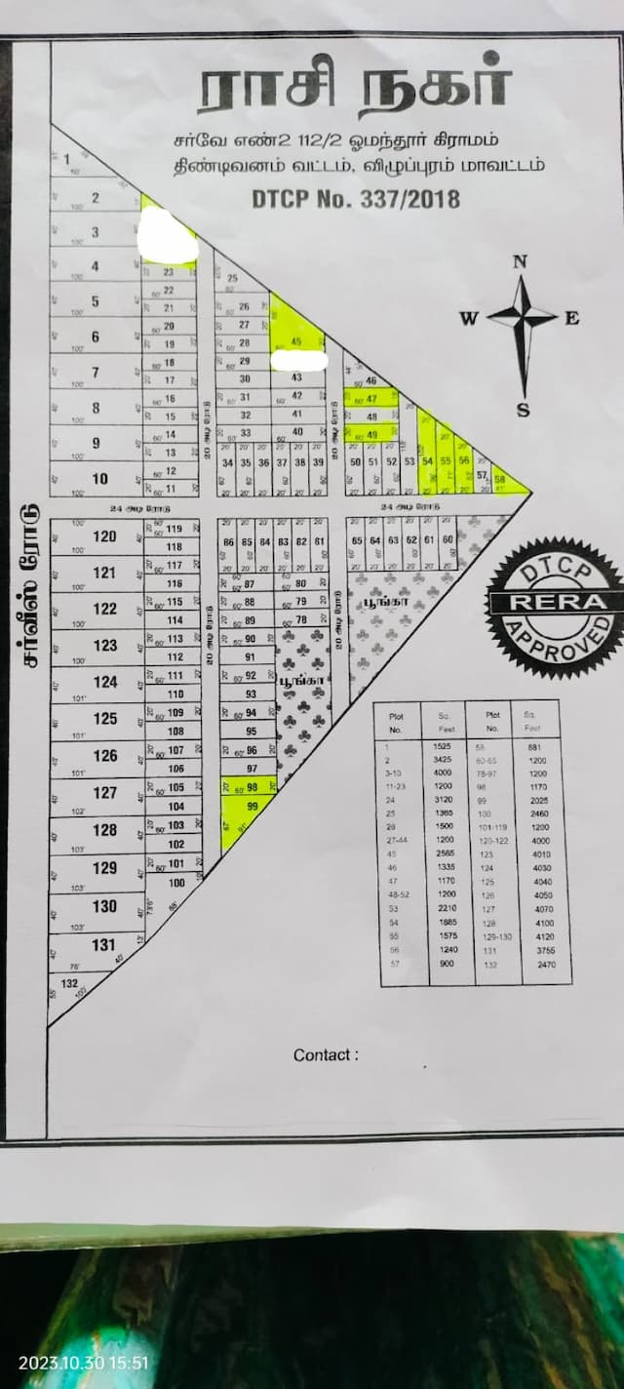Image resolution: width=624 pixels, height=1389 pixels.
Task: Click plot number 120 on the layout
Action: pyautogui.click(x=104, y=536)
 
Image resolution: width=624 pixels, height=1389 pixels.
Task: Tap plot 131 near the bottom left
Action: pyautogui.click(x=104, y=944)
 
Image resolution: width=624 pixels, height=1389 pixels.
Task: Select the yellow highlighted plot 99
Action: pyautogui.click(x=253, y=806)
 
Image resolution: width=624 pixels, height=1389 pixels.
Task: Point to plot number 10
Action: pyautogui.click(x=99, y=479)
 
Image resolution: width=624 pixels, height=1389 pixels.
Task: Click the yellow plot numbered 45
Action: pyautogui.click(x=294, y=340)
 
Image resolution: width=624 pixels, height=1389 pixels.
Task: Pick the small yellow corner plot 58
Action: pyautogui.click(x=499, y=479)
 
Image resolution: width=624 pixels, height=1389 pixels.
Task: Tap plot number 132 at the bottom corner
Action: pyautogui.click(x=68, y=982)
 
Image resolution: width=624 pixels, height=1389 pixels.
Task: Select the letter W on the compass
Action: pyautogui.click(x=469, y=317)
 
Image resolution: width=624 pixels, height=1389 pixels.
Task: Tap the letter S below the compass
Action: pyautogui.click(x=523, y=409)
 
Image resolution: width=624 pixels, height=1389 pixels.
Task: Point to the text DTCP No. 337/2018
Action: pyautogui.click(x=356, y=200)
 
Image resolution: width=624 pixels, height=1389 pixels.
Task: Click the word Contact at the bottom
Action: pyautogui.click(x=323, y=1054)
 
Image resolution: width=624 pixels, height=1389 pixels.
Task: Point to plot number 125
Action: pyautogui.click(x=104, y=719)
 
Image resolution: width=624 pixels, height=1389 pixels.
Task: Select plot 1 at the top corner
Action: pyautogui.click(x=67, y=158)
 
